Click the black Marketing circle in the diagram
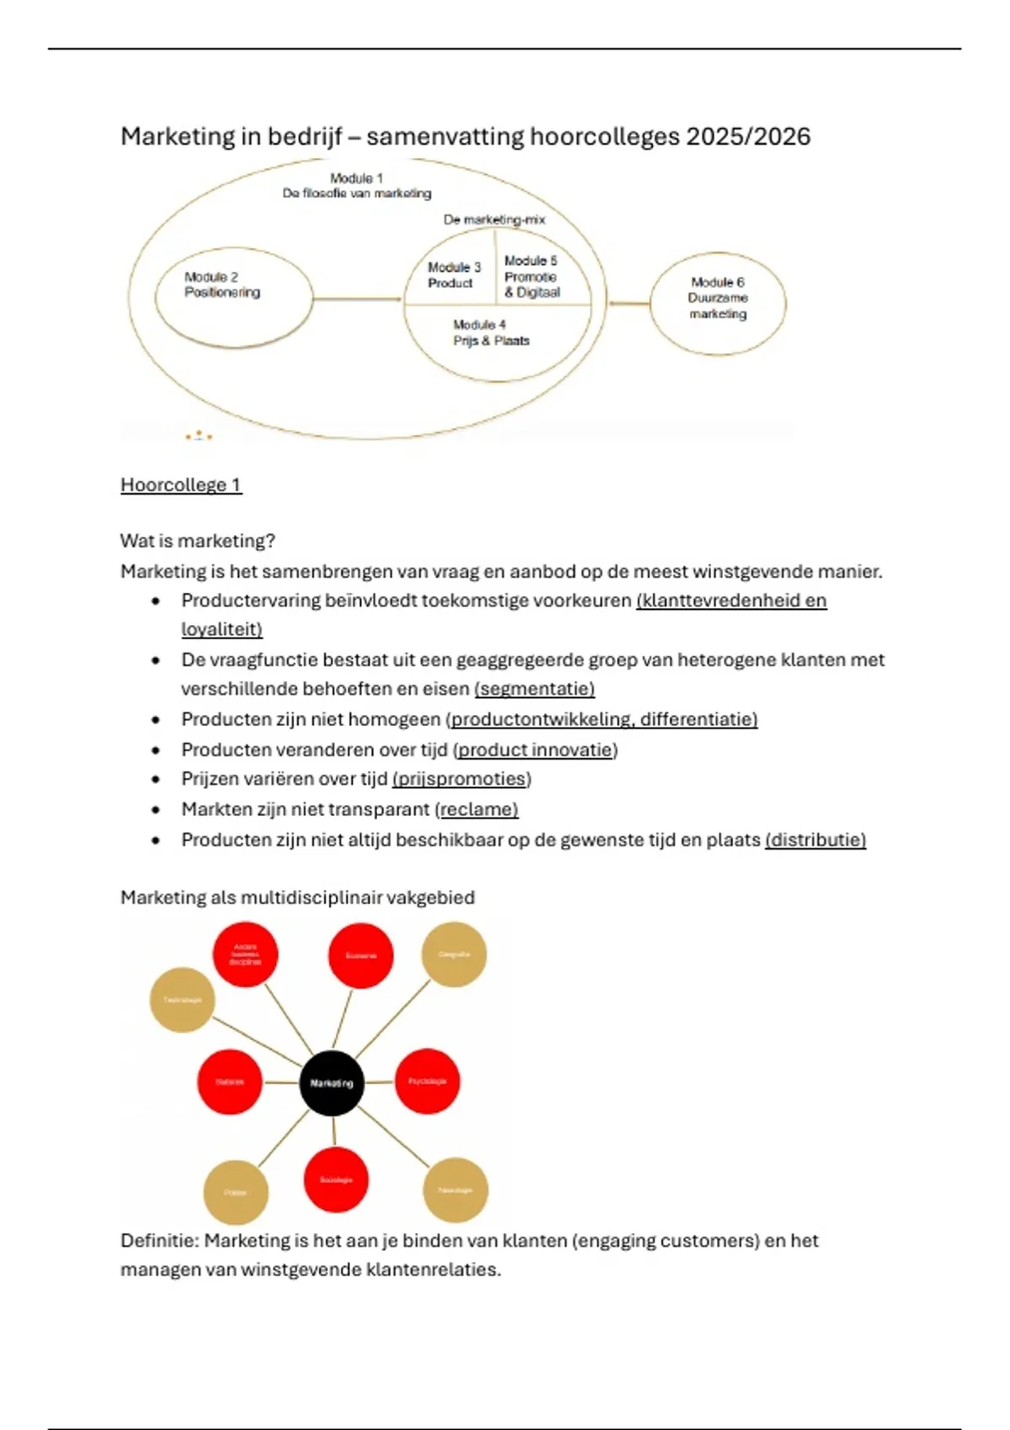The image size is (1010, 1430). (x=332, y=1083)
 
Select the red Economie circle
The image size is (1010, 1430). (x=360, y=956)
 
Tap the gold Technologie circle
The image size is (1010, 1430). (x=182, y=1000)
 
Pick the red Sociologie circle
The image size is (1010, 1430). (x=336, y=1180)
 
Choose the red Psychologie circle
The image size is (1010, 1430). (x=428, y=1081)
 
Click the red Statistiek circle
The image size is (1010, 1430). (x=230, y=1082)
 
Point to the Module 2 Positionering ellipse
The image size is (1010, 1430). (x=234, y=298)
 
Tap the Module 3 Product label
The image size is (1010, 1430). (x=454, y=275)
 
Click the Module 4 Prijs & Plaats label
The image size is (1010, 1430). (x=492, y=333)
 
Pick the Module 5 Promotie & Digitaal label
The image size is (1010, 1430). (x=532, y=277)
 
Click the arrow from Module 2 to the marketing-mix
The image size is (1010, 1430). (x=357, y=299)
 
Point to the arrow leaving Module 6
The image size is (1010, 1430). (x=629, y=303)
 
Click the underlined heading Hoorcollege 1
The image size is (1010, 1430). (x=181, y=485)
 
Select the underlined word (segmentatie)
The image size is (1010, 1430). (x=534, y=689)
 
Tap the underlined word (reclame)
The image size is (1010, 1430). (x=476, y=809)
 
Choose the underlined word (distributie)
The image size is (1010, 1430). (x=816, y=839)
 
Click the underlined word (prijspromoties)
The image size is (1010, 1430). (x=462, y=779)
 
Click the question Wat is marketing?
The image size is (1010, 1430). (x=198, y=541)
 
